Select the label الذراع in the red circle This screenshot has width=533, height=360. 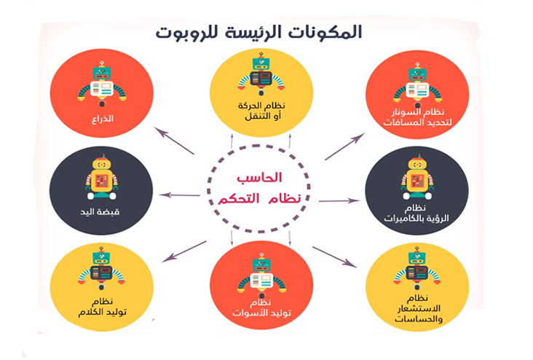[x=103, y=119]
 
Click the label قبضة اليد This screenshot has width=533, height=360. [x=100, y=211]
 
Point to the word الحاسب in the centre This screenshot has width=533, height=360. [x=259, y=178]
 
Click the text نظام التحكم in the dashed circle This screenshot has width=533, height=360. [x=259, y=198]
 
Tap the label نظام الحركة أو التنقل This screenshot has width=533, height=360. [x=261, y=111]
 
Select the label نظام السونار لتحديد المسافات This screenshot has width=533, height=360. [x=418, y=117]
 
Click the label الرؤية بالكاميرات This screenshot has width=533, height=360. [x=416, y=218]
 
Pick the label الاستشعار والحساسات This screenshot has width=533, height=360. [x=419, y=313]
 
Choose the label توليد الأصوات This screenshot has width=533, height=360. [x=261, y=313]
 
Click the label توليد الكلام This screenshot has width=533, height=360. [x=103, y=312]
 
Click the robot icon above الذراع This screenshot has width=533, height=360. [x=102, y=85]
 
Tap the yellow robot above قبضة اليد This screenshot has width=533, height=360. [x=102, y=177]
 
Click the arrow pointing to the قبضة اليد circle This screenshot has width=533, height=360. [x=179, y=195]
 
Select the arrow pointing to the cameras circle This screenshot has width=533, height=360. [x=339, y=200]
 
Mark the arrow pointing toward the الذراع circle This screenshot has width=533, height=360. [x=174, y=141]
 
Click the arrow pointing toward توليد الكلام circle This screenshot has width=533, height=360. [x=184, y=251]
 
